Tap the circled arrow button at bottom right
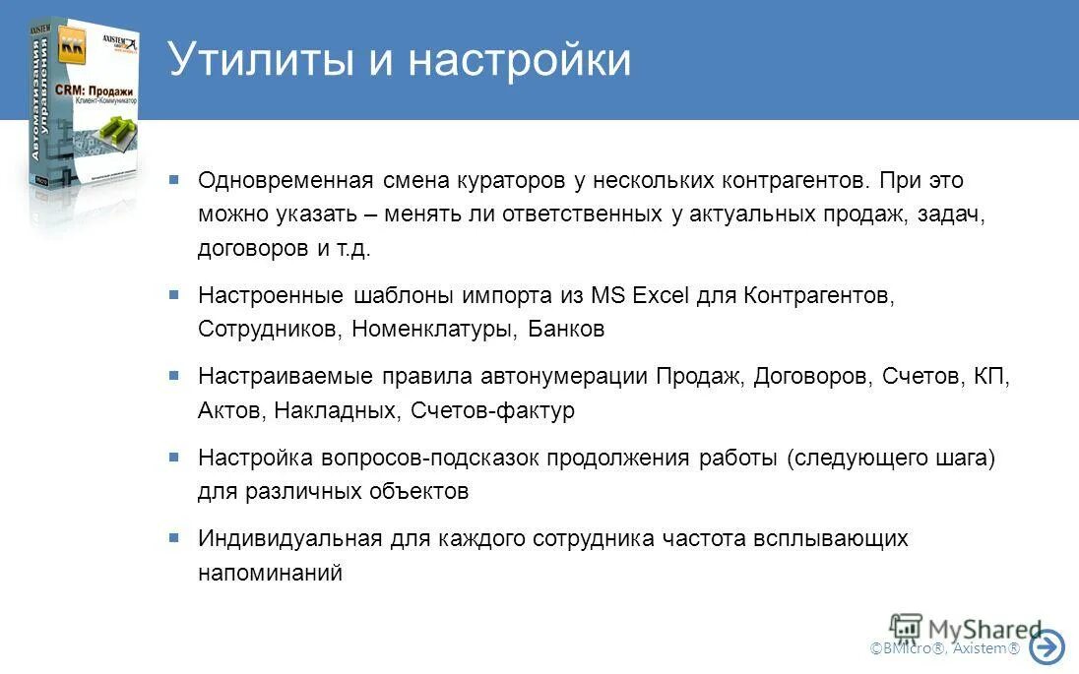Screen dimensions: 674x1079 1047,646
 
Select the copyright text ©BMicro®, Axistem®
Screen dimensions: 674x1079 944,647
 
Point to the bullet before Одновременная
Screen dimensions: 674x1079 173,180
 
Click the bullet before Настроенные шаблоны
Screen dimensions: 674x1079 173,293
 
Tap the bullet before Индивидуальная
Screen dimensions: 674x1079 173,538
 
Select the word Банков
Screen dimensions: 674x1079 566,329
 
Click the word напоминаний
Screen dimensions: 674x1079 270,573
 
